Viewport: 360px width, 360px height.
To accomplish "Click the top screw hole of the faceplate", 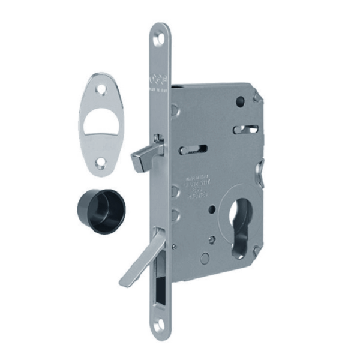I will pyautogui.click(x=158, y=41).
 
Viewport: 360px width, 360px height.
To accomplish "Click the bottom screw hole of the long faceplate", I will pyautogui.click(x=158, y=326).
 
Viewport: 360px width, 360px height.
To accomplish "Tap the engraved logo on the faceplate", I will pyautogui.click(x=158, y=80).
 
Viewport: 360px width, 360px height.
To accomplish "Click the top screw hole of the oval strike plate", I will pyautogui.click(x=100, y=88).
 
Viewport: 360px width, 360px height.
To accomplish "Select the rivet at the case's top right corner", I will pyautogui.click(x=256, y=96).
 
